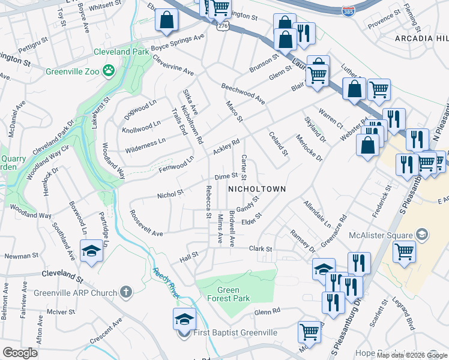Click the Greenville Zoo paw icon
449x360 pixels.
click(108, 71)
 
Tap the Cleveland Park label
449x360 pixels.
click(121, 52)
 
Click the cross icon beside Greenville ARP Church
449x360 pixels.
click(125, 292)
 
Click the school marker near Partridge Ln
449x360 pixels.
click(91, 251)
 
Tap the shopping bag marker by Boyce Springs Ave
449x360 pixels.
click(166, 20)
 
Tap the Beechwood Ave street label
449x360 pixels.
click(243, 91)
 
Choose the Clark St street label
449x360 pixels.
click(261, 248)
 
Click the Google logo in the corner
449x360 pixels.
click(20, 353)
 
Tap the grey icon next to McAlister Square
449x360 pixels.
click(421, 234)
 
